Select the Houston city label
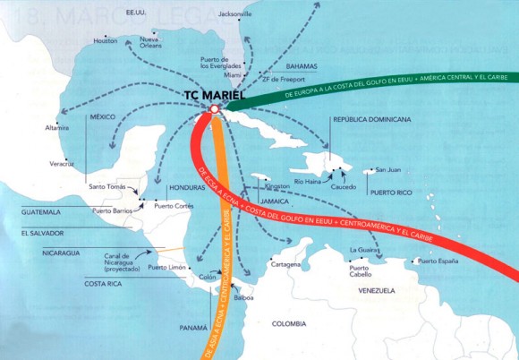pyautogui.click(x=106, y=41)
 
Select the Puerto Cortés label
pyautogui.click(x=174, y=205)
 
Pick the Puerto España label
pyautogui.click(x=438, y=261)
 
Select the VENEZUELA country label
pyautogui.click(x=376, y=291)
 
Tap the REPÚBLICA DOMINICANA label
pyautogui.click(x=371, y=119)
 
